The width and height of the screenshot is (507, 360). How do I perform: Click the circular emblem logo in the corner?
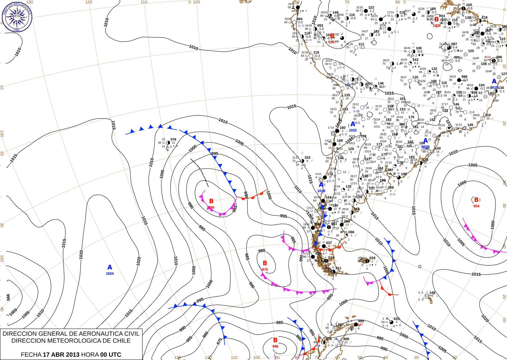(17, 16)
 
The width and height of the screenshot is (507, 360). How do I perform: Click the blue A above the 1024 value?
(110, 267)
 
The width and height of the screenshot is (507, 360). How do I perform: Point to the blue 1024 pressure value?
(110, 274)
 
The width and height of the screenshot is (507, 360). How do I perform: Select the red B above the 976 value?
(265, 263)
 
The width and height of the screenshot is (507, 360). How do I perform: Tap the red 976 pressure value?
(265, 270)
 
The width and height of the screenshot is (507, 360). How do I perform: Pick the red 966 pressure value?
(275, 346)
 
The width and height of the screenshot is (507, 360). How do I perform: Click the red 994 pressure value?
(476, 206)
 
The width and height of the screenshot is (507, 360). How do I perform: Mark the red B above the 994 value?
(476, 200)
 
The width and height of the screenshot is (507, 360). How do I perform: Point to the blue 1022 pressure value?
(353, 130)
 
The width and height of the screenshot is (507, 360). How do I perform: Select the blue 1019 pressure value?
(321, 191)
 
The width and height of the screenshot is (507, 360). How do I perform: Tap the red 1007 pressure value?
(332, 42)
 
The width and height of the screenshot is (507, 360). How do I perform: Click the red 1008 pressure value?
(436, 26)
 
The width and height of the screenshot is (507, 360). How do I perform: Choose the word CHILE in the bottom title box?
(121, 341)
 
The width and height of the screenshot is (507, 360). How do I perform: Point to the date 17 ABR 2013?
(61, 355)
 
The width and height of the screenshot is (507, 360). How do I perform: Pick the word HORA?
(90, 355)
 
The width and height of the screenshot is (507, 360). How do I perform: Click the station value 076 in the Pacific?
(173, 139)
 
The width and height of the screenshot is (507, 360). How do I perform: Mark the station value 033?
(397, 319)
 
